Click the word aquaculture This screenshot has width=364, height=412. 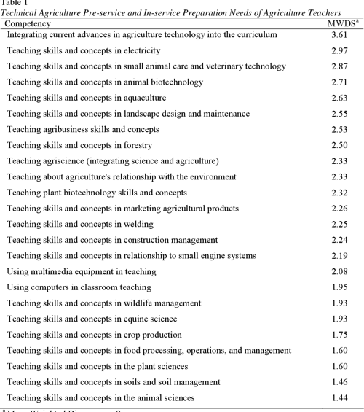pyautogui.click(x=142, y=98)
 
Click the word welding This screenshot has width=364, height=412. pyautogui.click(x=138, y=224)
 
